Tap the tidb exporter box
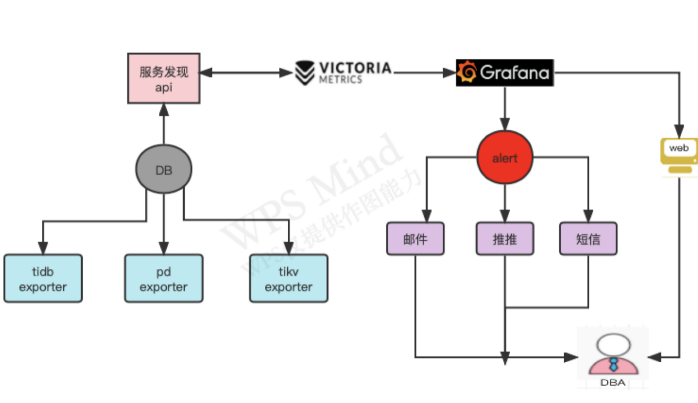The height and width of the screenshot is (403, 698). coord(43,279)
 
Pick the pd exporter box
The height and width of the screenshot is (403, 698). coord(163,279)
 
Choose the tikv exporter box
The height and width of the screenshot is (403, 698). coord(288,279)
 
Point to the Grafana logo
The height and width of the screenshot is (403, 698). coord(505,72)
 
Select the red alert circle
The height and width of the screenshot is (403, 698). coord(505,158)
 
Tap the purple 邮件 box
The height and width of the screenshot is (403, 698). coord(415,239)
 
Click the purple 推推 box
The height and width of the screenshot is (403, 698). coord(505,239)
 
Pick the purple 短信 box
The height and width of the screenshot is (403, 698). coord(588,239)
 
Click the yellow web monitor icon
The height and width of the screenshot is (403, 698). coord(679,151)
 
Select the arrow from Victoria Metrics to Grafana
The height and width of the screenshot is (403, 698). coord(423,73)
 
